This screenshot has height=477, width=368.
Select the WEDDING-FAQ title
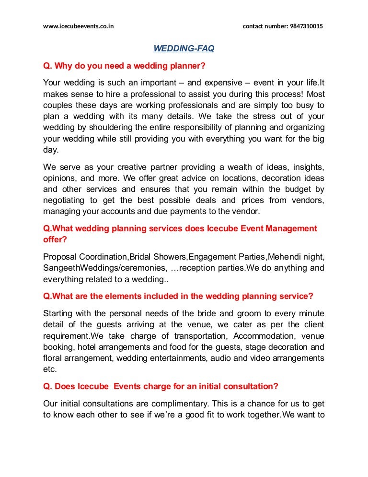(x=184, y=48)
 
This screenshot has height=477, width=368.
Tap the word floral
(x=51, y=358)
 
